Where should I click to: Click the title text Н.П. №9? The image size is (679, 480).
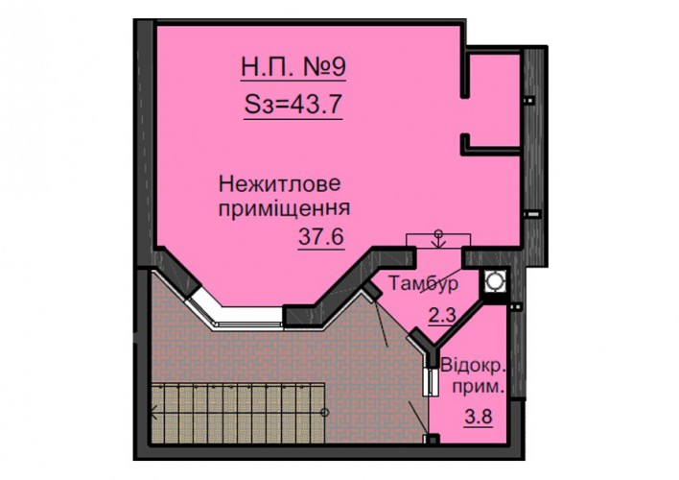(293, 67)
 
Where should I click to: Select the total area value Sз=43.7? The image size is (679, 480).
(293, 105)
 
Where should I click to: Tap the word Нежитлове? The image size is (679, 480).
(280, 184)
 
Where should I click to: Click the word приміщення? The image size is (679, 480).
(284, 208)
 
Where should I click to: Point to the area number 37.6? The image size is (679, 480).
(321, 237)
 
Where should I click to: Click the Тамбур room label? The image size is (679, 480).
(423, 283)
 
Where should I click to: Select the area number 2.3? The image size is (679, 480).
(442, 315)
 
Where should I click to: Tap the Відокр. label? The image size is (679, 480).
(474, 366)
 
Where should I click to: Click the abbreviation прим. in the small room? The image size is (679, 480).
(479, 387)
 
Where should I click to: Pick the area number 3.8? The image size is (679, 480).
(479, 417)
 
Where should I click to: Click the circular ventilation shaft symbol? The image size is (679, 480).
(494, 281)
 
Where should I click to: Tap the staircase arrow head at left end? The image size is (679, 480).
(153, 412)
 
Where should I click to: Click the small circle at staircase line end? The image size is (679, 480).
(325, 412)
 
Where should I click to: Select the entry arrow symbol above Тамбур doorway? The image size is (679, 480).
(438, 239)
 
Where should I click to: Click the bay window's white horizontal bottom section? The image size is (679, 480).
(250, 316)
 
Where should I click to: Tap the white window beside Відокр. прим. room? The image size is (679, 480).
(432, 382)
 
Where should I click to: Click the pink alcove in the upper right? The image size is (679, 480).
(494, 101)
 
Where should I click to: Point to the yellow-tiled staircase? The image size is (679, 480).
(237, 412)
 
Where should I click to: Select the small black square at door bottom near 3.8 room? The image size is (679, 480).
(432, 439)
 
